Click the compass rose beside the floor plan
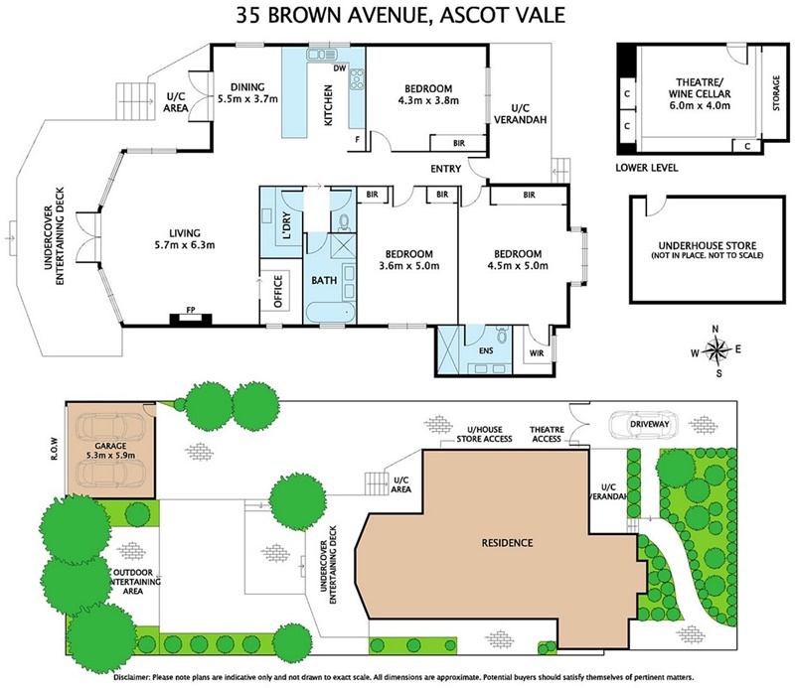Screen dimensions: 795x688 (x=715, y=350)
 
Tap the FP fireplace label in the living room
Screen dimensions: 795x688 (x=191, y=310)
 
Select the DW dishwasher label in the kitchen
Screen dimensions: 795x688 (x=340, y=68)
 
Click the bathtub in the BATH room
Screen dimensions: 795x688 (x=331, y=312)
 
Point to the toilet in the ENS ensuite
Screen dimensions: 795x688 (x=502, y=335)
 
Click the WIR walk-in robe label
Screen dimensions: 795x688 (x=537, y=353)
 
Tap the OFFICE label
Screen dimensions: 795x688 (x=278, y=291)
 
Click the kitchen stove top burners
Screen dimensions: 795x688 (x=357, y=79)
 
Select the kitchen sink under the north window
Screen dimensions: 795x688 (x=321, y=54)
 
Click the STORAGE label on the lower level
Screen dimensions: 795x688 (x=776, y=93)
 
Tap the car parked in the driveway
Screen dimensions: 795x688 (x=643, y=425)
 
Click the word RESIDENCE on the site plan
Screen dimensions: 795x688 (x=507, y=543)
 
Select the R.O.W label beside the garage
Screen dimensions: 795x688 (x=55, y=449)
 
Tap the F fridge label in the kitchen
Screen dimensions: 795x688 (x=357, y=139)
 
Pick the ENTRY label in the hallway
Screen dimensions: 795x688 (x=445, y=169)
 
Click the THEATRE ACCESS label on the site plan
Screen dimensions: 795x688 (x=547, y=434)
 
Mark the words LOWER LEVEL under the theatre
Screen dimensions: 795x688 (x=647, y=168)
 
